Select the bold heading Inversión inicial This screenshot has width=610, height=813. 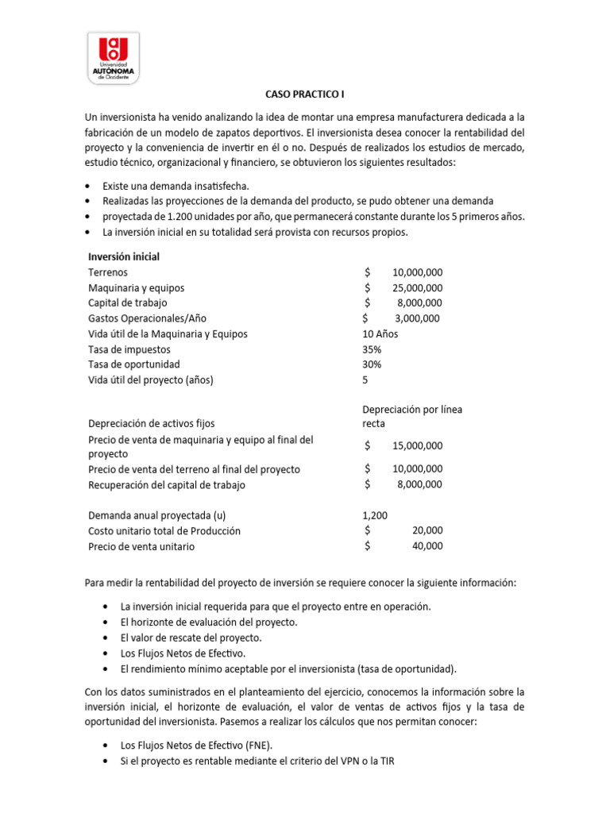pos(124,257)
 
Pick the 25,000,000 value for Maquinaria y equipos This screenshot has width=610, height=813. pos(417,287)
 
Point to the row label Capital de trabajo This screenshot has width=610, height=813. pos(128,302)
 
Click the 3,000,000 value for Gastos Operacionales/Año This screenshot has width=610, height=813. pos(417,318)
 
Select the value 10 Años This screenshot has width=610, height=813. pos(380,333)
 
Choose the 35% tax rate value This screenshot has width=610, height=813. pos(372,349)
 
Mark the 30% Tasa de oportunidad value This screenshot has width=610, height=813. pos(372,364)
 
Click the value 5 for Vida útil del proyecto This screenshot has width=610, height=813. pos(365,380)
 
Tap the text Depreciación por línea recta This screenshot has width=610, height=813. pos(411,416)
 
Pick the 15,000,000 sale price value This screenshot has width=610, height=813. pos(417,446)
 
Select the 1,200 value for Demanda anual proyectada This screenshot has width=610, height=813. pos(375,515)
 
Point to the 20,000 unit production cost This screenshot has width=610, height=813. pos(428,530)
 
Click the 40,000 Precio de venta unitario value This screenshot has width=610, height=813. pos(428,546)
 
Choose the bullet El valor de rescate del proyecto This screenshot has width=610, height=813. pos(190,638)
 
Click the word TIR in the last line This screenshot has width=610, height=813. pos(384,761)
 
